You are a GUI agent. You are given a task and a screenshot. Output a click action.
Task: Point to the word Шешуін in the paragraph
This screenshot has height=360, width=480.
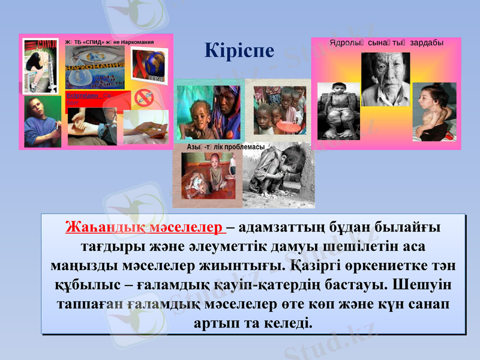click(423, 283)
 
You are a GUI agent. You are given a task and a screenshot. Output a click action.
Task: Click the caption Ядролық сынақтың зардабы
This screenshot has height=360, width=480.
click(386, 43)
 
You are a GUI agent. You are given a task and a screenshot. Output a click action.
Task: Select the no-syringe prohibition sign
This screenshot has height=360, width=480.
click(143, 97)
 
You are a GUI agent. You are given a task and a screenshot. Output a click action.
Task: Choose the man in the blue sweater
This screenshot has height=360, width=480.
click(42, 123)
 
